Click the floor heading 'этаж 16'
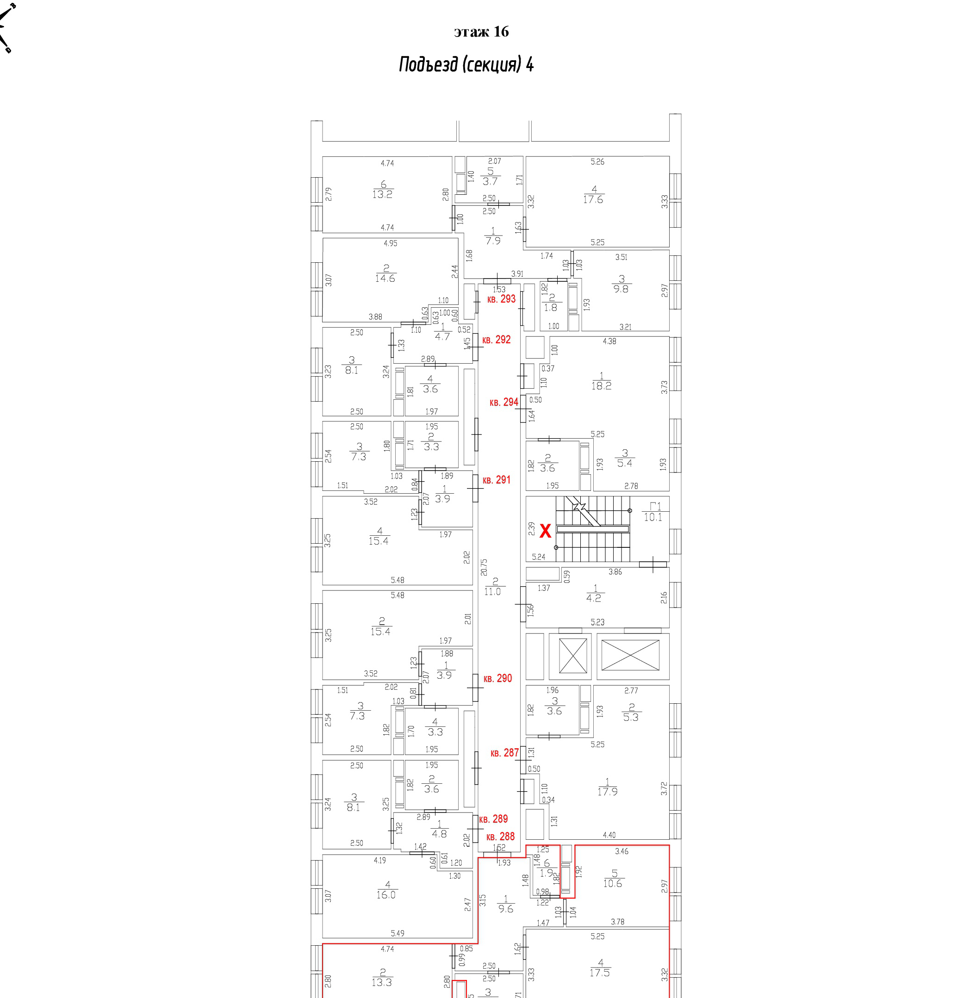[481, 32]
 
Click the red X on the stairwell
[546, 531]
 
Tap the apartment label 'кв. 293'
[501, 299]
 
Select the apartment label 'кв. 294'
[504, 403]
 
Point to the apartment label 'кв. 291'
[496, 480]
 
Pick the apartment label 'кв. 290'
[498, 678]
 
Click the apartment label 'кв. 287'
[504, 752]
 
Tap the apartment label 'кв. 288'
[500, 837]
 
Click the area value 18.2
[601, 386]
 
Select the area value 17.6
[593, 199]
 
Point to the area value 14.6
[385, 279]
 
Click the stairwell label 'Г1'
[655, 507]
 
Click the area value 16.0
[386, 895]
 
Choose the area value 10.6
[613, 883]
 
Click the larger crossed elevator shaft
[630, 655]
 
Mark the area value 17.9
[608, 792]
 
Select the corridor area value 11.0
[492, 591]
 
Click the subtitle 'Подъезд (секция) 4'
[466, 65]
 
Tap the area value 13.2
[382, 194]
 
